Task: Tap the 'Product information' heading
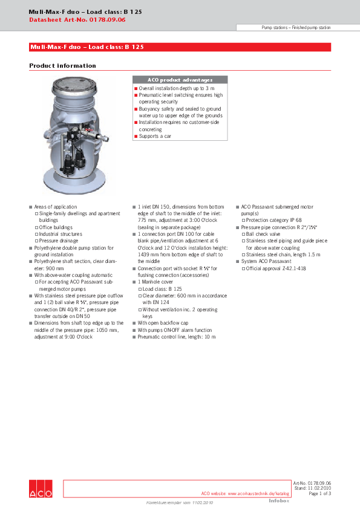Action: pyautogui.click(x=62, y=66)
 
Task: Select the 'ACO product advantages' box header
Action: pyautogui.click(x=180, y=80)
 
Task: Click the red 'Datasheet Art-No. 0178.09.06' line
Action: pyautogui.click(x=77, y=20)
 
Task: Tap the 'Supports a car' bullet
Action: pyautogui.click(x=155, y=137)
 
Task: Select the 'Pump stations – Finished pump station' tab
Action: pyautogui.click(x=296, y=28)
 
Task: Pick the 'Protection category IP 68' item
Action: pyautogui.click(x=273, y=221)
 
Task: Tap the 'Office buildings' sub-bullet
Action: pyautogui.click(x=61, y=227)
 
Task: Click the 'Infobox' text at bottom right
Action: pyautogui.click(x=279, y=501)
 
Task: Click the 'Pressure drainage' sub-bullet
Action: pyautogui.click(x=61, y=241)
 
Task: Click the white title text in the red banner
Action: pyautogui.click(x=87, y=47)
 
